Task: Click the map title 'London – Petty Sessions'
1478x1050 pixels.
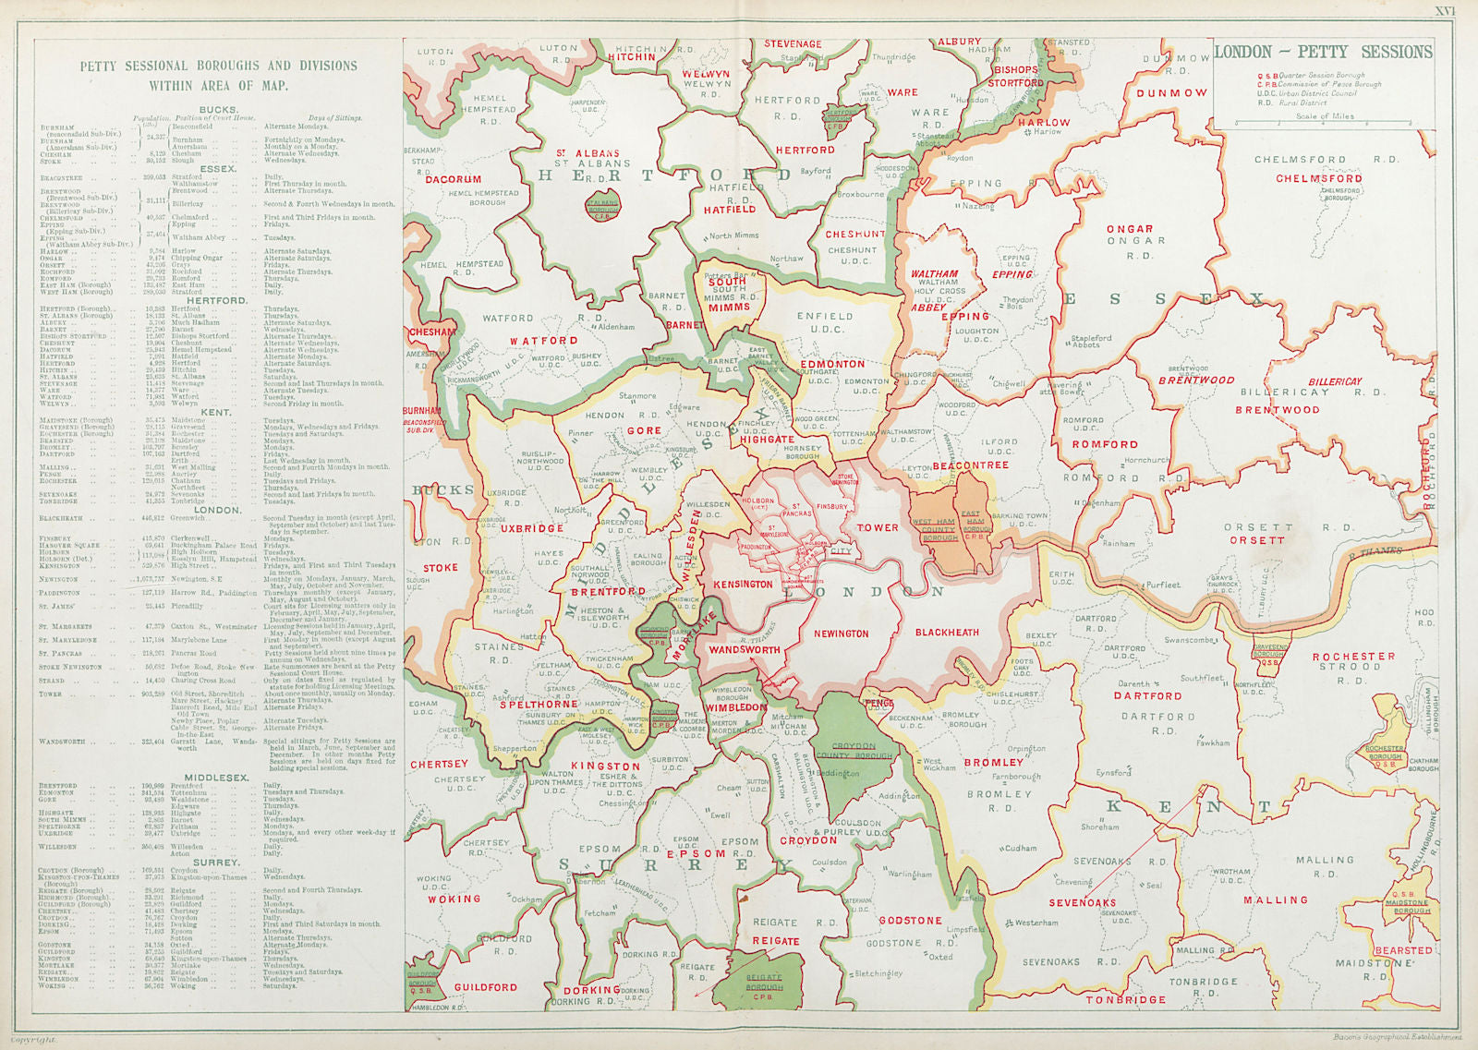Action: (1323, 53)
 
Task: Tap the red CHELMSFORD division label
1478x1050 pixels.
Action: (1319, 178)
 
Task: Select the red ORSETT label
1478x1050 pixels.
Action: (1256, 540)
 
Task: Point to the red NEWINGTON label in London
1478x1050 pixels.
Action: (841, 634)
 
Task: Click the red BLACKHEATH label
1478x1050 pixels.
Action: (947, 633)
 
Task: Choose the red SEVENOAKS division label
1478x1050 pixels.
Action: (1082, 902)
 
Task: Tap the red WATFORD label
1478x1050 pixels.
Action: (544, 341)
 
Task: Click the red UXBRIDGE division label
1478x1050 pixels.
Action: (532, 528)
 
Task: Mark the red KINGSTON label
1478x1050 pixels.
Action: (605, 766)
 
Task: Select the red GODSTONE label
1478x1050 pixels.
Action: (910, 921)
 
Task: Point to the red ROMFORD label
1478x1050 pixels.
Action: (1105, 444)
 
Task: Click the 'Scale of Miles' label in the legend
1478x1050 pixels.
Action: (1325, 116)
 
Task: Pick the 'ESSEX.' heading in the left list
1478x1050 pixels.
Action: (218, 169)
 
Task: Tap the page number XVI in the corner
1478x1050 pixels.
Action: (1445, 11)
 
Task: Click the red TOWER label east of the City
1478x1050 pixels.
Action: (877, 527)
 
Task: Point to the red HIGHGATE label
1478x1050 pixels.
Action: (766, 440)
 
